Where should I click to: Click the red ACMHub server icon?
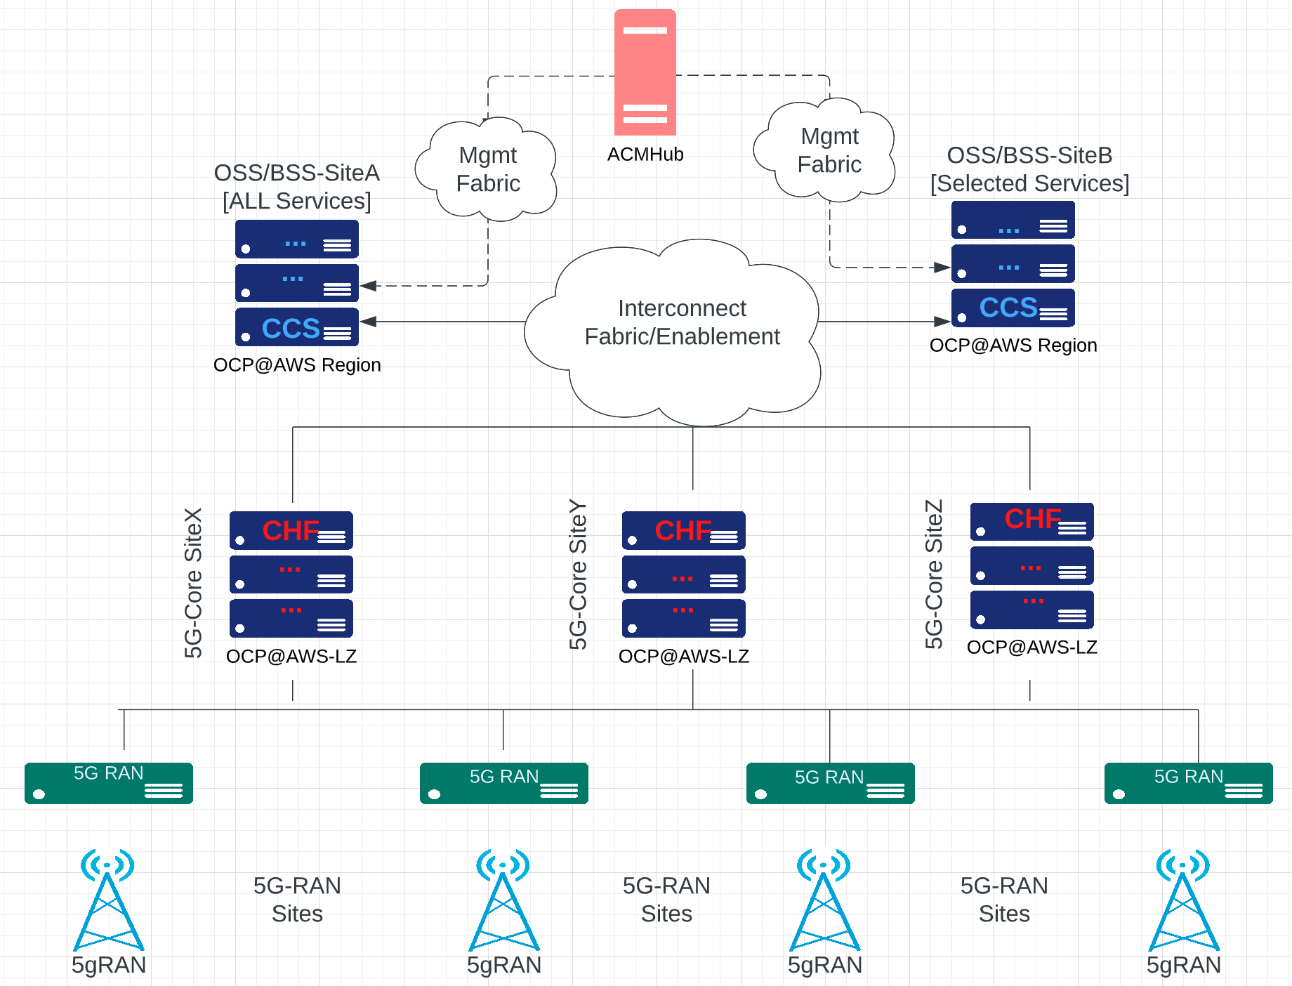tap(645, 72)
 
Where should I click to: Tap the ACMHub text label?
tap(645, 155)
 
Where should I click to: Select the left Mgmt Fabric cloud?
tap(487, 169)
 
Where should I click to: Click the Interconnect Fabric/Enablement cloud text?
tap(681, 322)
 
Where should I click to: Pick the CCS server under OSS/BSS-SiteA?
tap(296, 327)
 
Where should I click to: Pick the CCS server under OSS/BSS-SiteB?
tap(1013, 308)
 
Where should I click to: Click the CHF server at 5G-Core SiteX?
tap(291, 531)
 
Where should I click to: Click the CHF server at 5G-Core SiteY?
tap(683, 531)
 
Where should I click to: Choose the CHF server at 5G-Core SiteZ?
tap(1031, 521)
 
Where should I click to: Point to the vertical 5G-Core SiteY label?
tap(577, 574)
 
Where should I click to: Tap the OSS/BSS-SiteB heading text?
tap(1029, 155)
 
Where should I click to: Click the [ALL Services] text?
tap(296, 202)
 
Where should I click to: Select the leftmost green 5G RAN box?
tap(109, 782)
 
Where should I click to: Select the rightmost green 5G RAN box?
tap(1188, 782)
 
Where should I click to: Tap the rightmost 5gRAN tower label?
tap(1183, 965)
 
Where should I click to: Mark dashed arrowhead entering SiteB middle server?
tap(942, 267)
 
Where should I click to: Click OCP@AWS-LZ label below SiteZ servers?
tap(1031, 647)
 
